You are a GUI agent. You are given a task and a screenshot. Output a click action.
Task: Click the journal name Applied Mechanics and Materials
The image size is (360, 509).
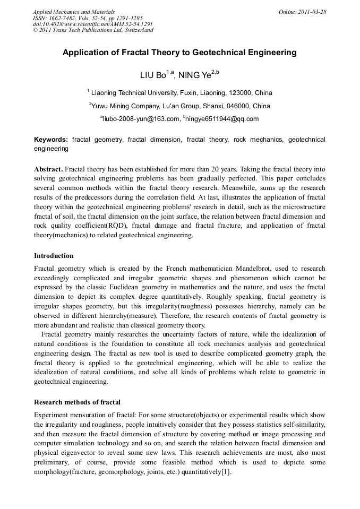[73, 11]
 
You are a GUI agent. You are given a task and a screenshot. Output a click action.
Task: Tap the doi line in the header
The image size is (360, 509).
[92, 24]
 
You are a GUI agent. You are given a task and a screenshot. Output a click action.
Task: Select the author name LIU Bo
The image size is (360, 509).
[153, 75]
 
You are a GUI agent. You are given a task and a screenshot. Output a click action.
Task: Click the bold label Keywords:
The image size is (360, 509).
[51, 140]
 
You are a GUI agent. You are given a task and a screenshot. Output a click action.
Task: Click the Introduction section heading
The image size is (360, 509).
[54, 256]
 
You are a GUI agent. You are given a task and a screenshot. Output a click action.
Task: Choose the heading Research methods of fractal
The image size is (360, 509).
[77, 402]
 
